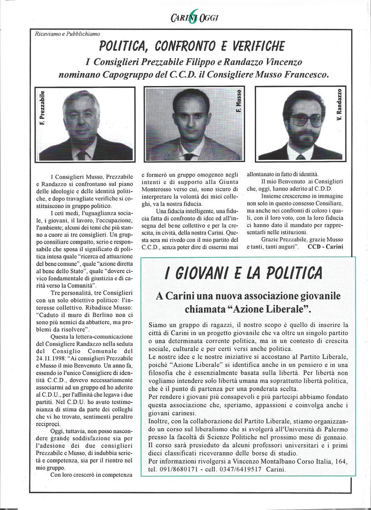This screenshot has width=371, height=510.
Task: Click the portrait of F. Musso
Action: click(193, 124)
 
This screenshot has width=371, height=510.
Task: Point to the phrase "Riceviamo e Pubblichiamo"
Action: click(67, 34)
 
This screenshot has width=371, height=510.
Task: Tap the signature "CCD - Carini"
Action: click(325, 246)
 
